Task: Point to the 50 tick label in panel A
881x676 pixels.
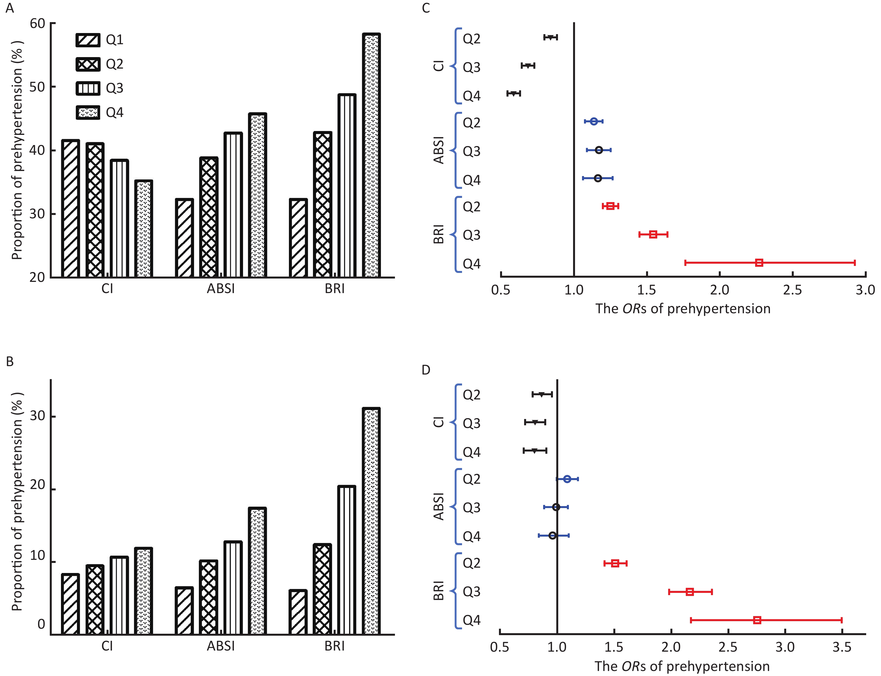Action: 37,87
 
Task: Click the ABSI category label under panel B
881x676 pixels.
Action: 221,646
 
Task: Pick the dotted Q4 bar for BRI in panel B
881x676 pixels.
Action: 371,521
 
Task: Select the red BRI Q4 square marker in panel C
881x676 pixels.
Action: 759,263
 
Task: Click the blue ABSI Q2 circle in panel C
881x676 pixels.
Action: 593,121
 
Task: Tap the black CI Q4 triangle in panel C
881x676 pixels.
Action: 513,93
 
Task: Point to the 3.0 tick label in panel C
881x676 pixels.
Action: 865,290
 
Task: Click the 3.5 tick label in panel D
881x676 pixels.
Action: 842,647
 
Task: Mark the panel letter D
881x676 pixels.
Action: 426,370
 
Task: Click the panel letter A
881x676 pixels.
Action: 10,8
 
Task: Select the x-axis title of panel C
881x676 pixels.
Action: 682,309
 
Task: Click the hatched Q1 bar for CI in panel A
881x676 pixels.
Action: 70,209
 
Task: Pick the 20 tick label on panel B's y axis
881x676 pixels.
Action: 37,485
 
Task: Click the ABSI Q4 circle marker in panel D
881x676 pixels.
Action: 552,535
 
